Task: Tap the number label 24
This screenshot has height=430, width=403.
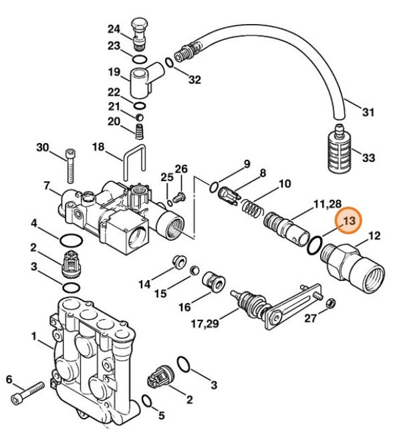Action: pos(114,29)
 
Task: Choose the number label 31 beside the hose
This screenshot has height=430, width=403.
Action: pos(368,112)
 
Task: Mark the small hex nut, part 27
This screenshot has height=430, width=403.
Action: pos(329,304)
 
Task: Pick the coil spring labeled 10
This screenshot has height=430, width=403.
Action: pos(250,207)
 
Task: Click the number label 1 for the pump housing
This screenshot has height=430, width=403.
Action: pos(33,336)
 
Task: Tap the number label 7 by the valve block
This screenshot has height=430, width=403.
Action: pos(47,185)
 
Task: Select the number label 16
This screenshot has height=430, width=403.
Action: pos(184,307)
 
